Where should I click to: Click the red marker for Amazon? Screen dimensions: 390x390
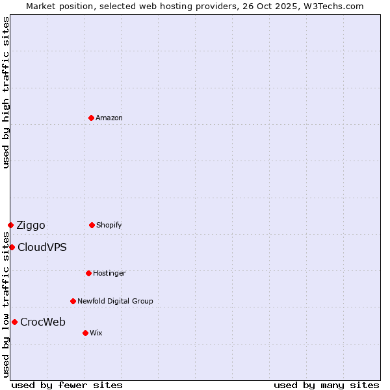[x=92, y=118]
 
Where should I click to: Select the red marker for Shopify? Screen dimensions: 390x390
[x=92, y=225]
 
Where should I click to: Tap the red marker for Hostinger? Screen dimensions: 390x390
[x=88, y=273]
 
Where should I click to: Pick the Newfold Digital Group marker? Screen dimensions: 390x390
[x=73, y=301]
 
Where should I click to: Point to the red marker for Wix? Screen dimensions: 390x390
[x=85, y=333]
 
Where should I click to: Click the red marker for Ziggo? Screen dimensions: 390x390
[x=10, y=225]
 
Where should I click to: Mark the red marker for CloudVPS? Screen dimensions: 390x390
[x=12, y=247]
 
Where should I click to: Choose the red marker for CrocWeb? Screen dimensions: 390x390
[x=14, y=322]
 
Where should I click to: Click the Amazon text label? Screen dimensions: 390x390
[x=109, y=118]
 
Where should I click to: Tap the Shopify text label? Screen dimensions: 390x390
[x=109, y=225]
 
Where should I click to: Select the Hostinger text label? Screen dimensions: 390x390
[x=109, y=273]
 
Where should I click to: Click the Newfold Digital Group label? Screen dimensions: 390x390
[x=115, y=301]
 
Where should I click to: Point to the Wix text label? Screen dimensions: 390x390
[x=96, y=333]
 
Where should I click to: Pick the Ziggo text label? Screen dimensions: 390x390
[x=31, y=226]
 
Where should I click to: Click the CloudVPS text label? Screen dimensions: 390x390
[x=42, y=248]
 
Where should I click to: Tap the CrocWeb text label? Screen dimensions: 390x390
[x=43, y=322]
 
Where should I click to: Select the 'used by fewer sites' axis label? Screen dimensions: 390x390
[x=67, y=385]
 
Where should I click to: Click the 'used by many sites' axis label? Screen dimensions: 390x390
[x=326, y=385]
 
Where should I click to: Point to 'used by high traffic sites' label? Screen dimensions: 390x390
[x=6, y=92]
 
